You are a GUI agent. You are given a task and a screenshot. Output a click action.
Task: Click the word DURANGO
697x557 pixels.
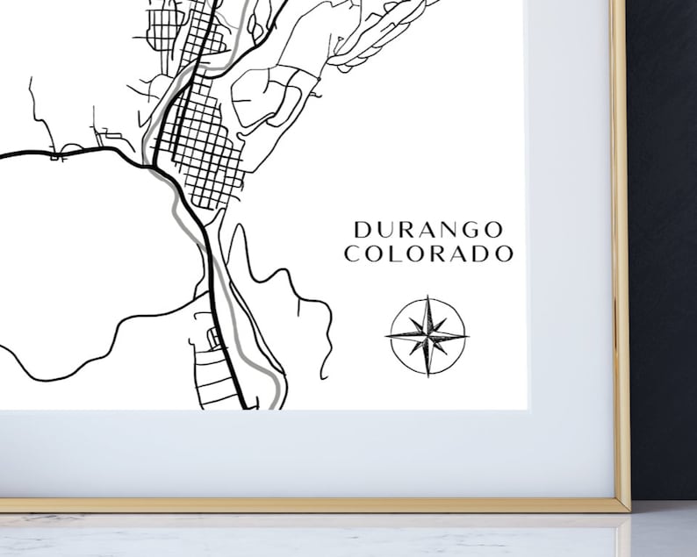click(428, 230)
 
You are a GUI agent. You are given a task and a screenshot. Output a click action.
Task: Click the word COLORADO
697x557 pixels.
click(428, 254)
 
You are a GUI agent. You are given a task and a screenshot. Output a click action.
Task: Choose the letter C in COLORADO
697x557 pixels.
click(352, 254)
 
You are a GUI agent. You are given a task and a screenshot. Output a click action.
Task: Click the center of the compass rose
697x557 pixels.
click(427, 335)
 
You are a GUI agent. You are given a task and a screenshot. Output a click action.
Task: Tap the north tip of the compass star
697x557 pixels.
click(427, 297)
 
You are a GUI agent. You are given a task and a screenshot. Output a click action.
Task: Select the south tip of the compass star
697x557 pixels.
click(427, 375)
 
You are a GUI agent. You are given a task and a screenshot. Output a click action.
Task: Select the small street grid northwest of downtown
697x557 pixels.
click(163, 28)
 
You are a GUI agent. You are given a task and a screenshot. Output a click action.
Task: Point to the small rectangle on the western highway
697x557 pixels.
click(58, 158)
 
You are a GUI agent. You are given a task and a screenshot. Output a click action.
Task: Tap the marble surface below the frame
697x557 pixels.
click(351, 537)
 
